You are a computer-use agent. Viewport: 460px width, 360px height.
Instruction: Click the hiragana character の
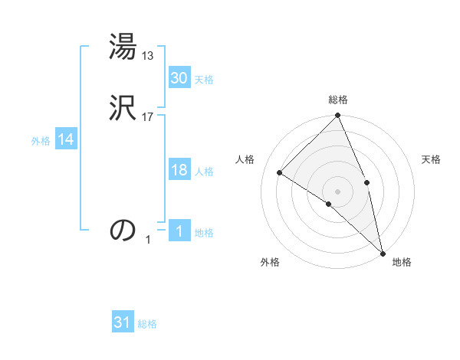pyautogui.click(x=123, y=229)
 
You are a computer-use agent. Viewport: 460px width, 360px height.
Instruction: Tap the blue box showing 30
pyautogui.click(x=179, y=78)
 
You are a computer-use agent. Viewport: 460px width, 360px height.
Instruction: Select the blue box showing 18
pyautogui.click(x=179, y=171)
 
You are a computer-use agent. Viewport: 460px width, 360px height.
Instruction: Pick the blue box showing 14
pyautogui.click(x=65, y=140)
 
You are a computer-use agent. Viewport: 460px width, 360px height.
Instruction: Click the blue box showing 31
pyautogui.click(x=123, y=323)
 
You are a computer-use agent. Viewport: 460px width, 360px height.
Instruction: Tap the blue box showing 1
pyautogui.click(x=179, y=232)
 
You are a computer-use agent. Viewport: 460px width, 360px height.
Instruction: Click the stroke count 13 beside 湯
pyautogui.click(x=149, y=56)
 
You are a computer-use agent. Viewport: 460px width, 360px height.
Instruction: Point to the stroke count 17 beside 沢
pyautogui.click(x=149, y=117)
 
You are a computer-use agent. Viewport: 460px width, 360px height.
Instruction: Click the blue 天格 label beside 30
pyautogui.click(x=204, y=80)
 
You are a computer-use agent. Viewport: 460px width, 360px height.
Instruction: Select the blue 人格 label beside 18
pyautogui.click(x=204, y=172)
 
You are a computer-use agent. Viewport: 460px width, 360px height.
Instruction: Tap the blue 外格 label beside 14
pyautogui.click(x=41, y=142)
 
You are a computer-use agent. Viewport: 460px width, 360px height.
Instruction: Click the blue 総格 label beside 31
pyautogui.click(x=147, y=325)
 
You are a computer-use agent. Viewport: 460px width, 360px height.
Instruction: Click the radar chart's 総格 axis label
pyautogui.click(x=338, y=100)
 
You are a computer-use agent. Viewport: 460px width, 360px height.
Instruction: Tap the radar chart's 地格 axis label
pyautogui.click(x=402, y=263)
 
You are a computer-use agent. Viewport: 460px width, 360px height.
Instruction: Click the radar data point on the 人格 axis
pyautogui.click(x=280, y=172)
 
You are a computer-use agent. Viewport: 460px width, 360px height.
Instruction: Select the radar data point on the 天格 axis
pyautogui.click(x=366, y=182)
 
